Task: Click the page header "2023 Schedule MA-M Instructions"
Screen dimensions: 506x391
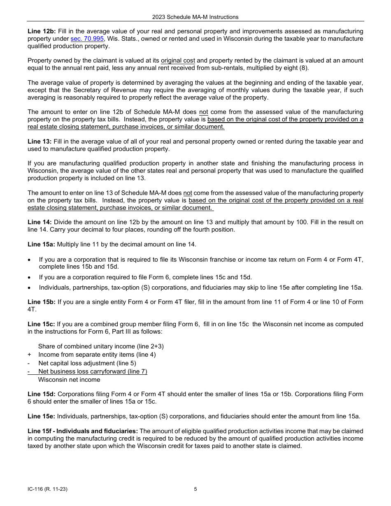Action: click(x=195, y=17)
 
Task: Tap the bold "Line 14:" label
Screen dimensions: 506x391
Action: click(x=40, y=222)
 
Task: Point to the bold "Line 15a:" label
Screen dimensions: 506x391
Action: click(x=42, y=244)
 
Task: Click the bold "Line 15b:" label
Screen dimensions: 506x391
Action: click(x=42, y=302)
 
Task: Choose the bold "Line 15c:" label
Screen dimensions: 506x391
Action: click(x=42, y=324)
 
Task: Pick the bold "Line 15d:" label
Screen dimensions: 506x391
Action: click(x=42, y=394)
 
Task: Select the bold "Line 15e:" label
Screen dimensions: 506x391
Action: click(x=42, y=416)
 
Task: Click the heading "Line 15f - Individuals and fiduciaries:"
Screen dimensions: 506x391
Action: click(x=83, y=431)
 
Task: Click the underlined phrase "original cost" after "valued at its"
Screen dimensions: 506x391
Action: click(x=178, y=60)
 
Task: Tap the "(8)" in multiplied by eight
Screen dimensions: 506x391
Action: click(x=304, y=68)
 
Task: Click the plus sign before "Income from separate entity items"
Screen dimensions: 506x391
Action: click(x=29, y=355)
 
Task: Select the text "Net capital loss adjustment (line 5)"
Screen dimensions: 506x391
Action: click(x=87, y=363)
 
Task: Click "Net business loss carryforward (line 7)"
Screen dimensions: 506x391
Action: click(x=93, y=371)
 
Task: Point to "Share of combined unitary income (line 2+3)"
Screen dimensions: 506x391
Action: click(x=101, y=346)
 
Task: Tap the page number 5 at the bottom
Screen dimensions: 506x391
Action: click(x=195, y=489)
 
